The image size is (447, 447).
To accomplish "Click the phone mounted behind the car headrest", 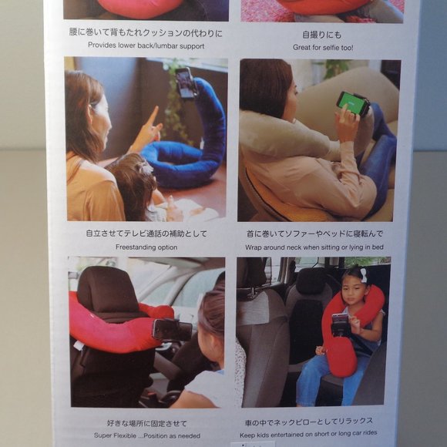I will (x=171, y=329).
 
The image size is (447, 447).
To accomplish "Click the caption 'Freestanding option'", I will (x=146, y=247).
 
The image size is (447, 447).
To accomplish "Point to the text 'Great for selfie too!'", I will (x=321, y=46).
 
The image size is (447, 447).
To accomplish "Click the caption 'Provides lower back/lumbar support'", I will (x=146, y=45).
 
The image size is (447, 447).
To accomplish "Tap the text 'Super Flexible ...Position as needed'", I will (x=146, y=436).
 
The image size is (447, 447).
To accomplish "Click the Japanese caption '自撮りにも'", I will (x=321, y=35).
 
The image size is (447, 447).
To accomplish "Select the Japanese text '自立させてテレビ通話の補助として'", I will (x=146, y=234).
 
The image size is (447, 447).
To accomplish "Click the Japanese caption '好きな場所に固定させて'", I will (x=146, y=423).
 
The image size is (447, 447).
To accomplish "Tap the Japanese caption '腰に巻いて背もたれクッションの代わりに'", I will (x=146, y=33).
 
